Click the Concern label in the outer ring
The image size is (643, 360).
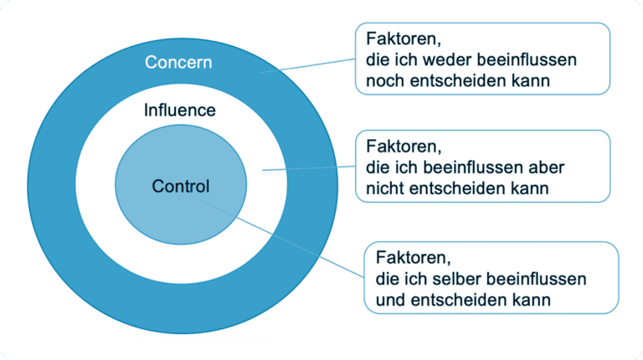click(x=178, y=62)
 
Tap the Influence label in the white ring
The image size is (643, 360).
click(x=180, y=111)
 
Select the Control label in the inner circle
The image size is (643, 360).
click(x=181, y=186)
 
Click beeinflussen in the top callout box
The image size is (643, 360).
click(x=521, y=60)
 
